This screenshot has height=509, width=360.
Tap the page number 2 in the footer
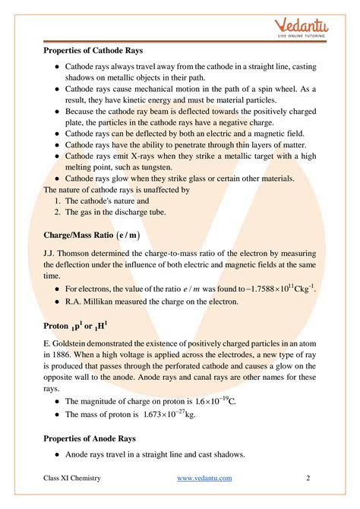pos(308,477)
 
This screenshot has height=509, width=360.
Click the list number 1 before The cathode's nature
pos(57,201)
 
